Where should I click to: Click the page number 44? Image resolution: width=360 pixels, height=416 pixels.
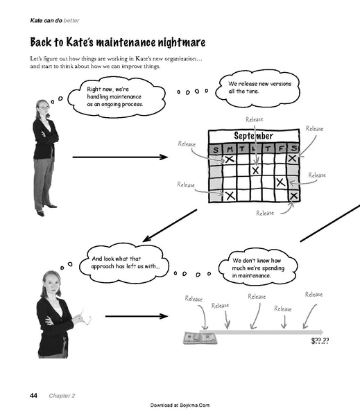pos(33,396)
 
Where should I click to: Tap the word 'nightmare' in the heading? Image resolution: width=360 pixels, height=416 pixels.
pos(182,42)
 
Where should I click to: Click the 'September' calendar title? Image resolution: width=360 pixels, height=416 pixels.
pos(253,136)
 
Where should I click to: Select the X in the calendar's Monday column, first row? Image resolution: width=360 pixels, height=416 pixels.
pos(230,159)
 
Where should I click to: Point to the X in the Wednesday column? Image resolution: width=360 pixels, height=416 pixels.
pos(255,170)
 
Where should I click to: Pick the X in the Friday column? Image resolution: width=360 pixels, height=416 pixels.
pos(281,182)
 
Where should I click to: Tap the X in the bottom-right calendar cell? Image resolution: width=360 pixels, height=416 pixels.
pos(293,196)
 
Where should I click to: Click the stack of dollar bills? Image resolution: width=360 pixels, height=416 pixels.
pos(200,338)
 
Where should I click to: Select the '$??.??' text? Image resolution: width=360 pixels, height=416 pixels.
pos(320,340)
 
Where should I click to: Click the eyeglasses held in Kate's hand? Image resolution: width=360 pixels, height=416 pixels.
pos(86,318)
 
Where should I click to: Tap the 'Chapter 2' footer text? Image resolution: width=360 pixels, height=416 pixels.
pos(62,396)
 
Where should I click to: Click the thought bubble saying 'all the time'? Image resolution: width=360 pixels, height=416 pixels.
pos(257,88)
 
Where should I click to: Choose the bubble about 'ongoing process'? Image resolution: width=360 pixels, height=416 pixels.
pos(117,97)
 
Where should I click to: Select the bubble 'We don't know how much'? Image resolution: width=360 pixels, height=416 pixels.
pos(258,267)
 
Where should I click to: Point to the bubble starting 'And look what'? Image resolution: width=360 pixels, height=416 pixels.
pos(124,263)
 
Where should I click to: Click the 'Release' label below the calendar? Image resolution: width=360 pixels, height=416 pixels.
pos(265,213)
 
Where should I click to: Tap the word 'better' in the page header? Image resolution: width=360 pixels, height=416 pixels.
pos(71,20)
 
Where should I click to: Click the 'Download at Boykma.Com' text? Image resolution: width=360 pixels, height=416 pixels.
pos(180,405)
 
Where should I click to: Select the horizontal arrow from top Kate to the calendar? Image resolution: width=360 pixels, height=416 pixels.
pos(120,157)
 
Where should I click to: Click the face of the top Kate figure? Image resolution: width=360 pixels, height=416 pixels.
pos(44,108)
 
